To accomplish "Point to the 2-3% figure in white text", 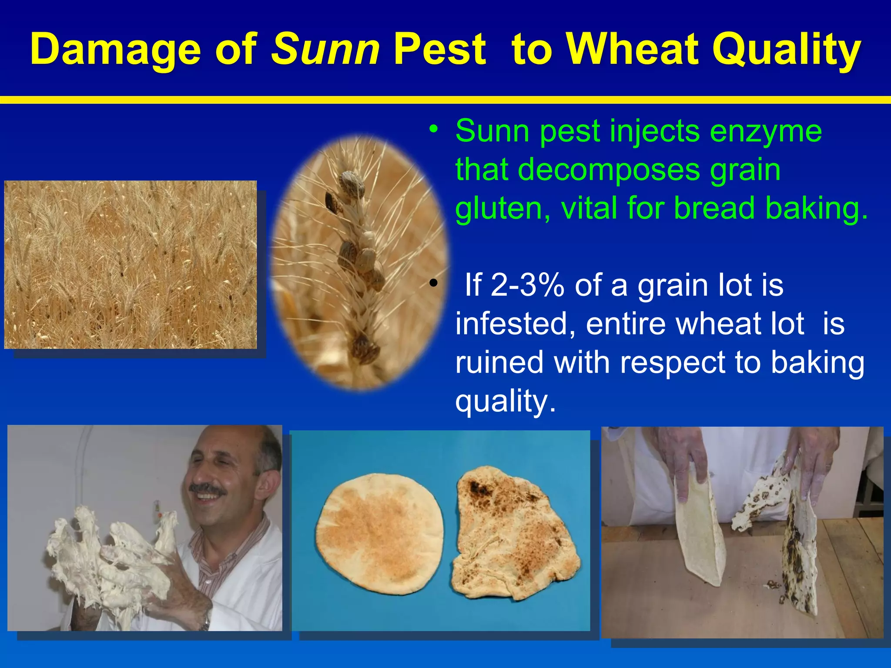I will [527, 285].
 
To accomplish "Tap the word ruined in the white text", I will [499, 362].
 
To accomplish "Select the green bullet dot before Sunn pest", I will [432, 129].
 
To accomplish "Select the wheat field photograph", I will [131, 264].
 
